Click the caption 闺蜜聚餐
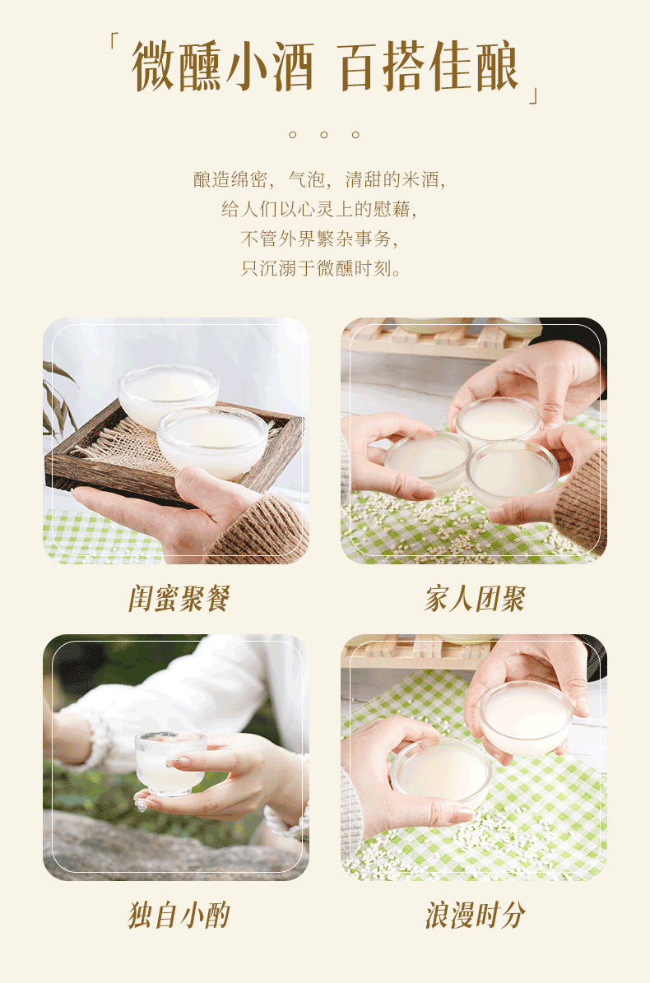[x=178, y=599]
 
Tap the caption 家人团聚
[x=474, y=599]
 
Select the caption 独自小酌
[x=178, y=915]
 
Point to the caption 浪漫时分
[x=474, y=915]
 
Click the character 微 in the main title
[x=156, y=66]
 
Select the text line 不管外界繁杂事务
[x=319, y=239]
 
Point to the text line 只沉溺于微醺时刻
[x=321, y=269]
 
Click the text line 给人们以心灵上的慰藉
[x=319, y=210]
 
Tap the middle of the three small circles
[x=324, y=134]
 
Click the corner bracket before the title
[x=115, y=41]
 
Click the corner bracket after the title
[x=535, y=95]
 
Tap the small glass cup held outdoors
[x=170, y=762]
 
